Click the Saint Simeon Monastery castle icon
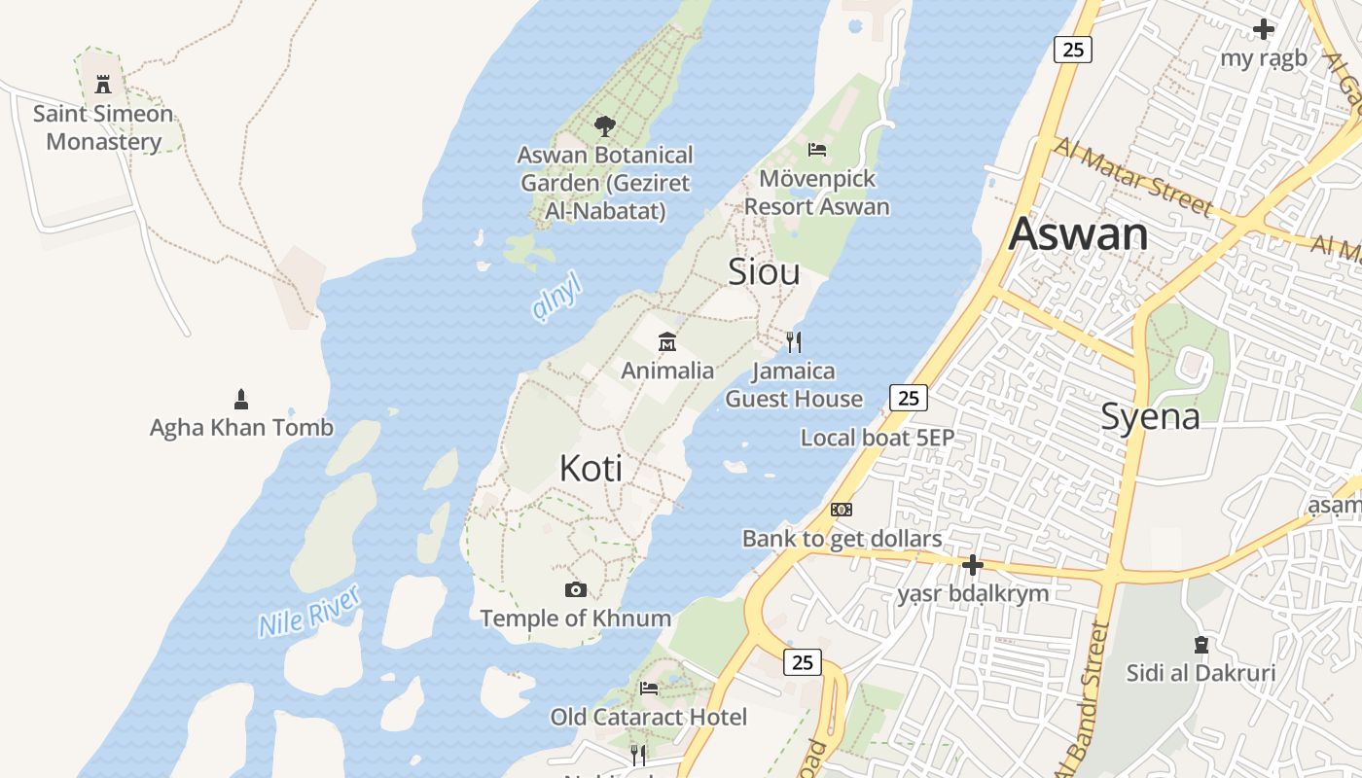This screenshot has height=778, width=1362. pos(103,84)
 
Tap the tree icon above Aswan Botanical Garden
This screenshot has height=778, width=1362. pos(604,125)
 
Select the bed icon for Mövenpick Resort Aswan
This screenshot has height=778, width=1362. pos(817,150)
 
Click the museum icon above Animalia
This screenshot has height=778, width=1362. pos(667,341)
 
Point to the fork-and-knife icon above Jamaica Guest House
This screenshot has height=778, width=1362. pos(794,341)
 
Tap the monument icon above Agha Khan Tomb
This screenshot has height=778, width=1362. pos(241,399)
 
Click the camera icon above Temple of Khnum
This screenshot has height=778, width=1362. pos(576,589)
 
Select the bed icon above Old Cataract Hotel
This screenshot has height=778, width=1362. pos(649,689)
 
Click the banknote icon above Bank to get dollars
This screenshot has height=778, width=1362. pos(842,510)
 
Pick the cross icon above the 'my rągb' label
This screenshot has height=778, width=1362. pos(1264,29)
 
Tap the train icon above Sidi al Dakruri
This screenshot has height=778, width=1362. pos(1201,644)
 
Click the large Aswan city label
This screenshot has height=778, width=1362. pos(1078,234)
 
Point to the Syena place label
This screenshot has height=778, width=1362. pos(1150,416)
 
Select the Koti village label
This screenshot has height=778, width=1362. pos(591,469)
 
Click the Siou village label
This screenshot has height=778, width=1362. pos(764,272)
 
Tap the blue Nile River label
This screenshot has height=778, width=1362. pos(309,610)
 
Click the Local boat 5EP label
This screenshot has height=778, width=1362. pos(878,438)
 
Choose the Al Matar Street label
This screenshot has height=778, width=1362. pos(1134,176)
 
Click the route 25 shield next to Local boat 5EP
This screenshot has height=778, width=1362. pos(908,397)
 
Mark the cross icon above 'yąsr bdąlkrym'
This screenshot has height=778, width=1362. pos(972,565)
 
